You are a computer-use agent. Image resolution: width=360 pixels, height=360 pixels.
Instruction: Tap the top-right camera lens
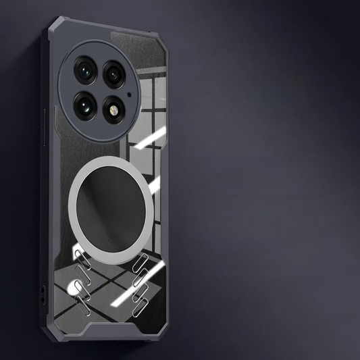click(114, 71)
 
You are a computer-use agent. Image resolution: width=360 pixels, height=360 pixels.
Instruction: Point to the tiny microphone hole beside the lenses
click(128, 88)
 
